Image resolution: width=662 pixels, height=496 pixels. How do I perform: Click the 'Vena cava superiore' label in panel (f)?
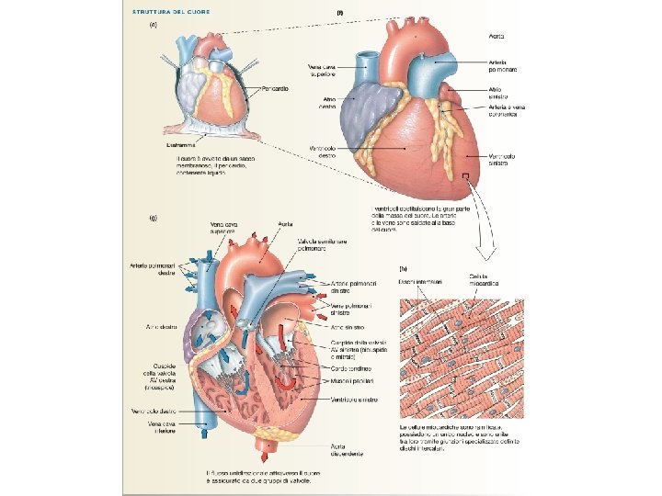click(323, 70)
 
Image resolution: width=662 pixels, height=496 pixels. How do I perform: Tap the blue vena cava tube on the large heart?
click(368, 63)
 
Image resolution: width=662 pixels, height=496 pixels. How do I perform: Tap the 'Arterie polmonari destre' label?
click(152, 271)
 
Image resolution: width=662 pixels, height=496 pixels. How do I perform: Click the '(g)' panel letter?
click(154, 218)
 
